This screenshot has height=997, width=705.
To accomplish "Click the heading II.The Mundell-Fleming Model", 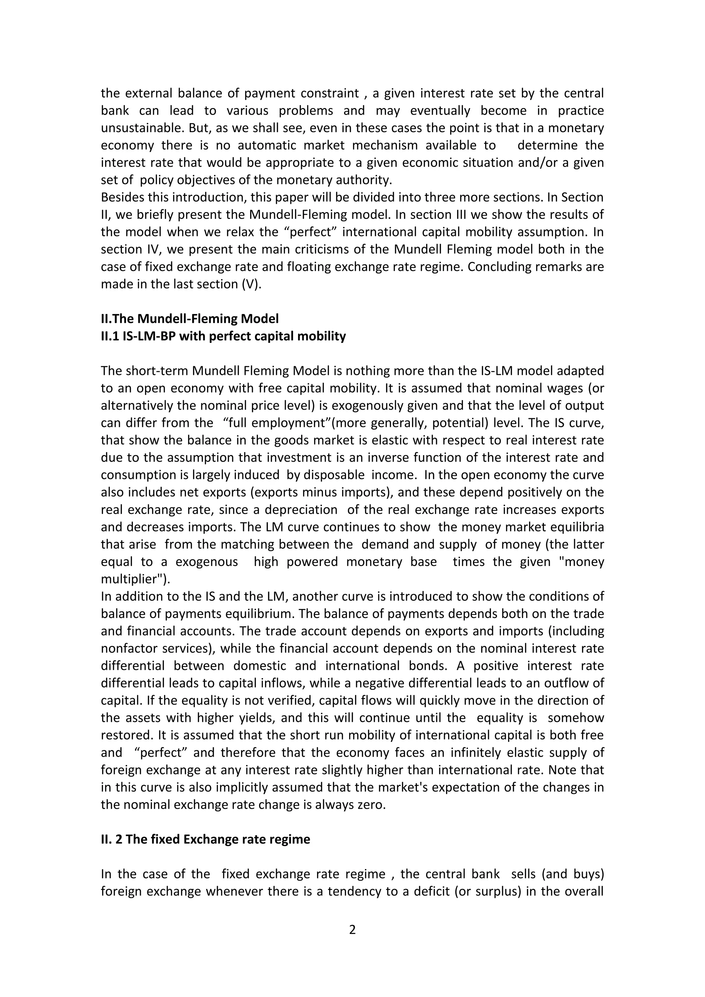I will [x=190, y=319].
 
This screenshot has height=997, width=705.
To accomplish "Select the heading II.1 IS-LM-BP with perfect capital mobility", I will [x=223, y=336].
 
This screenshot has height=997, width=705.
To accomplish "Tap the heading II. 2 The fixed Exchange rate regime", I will [x=205, y=839].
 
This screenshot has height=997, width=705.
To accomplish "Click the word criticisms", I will [x=351, y=249].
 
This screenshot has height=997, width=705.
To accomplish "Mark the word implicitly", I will [x=281, y=787].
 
